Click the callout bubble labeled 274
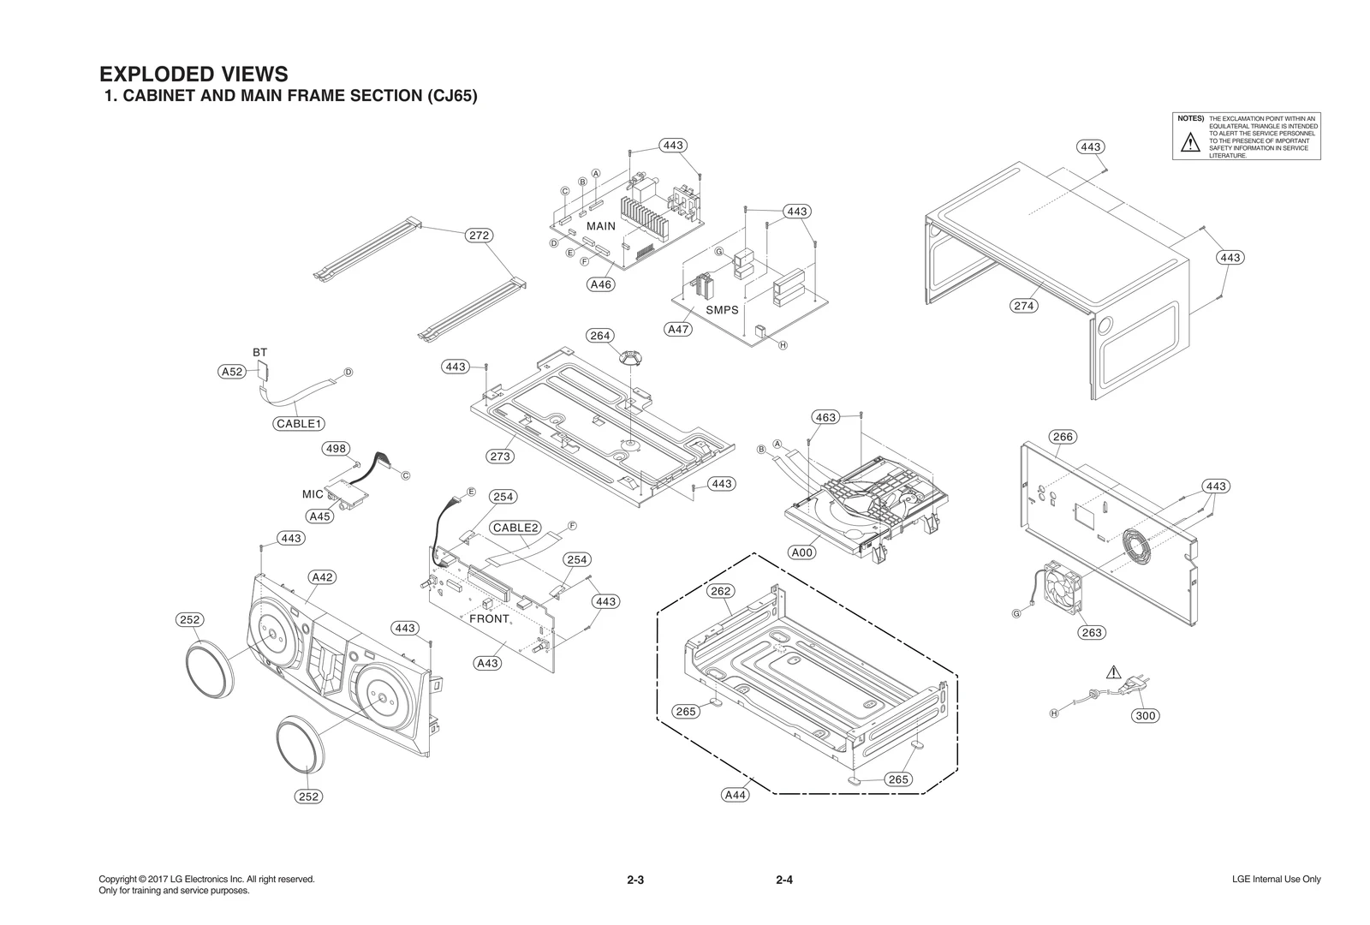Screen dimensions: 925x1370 [x=1024, y=306]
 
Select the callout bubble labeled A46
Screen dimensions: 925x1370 [x=601, y=284]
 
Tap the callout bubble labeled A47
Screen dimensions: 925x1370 [x=678, y=329]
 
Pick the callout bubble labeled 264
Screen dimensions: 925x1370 [x=600, y=336]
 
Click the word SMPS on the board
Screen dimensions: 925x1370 [x=722, y=310]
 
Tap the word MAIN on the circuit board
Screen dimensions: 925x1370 [x=600, y=226]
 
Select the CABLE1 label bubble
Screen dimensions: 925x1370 [x=299, y=423]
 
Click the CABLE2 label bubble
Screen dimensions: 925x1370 [x=515, y=528]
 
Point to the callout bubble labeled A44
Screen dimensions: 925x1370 [x=736, y=795]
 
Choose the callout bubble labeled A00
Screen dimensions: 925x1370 [x=802, y=552]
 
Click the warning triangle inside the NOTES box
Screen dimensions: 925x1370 [x=1190, y=144]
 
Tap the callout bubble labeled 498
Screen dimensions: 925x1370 [x=336, y=449]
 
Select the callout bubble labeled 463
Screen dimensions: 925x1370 [x=825, y=417]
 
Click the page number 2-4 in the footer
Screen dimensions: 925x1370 [x=784, y=880]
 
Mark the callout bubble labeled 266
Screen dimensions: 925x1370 [x=1063, y=437]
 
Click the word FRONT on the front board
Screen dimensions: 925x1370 [x=489, y=618]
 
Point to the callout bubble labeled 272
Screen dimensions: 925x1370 [x=479, y=235]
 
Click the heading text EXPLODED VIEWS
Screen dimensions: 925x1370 [x=194, y=74]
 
